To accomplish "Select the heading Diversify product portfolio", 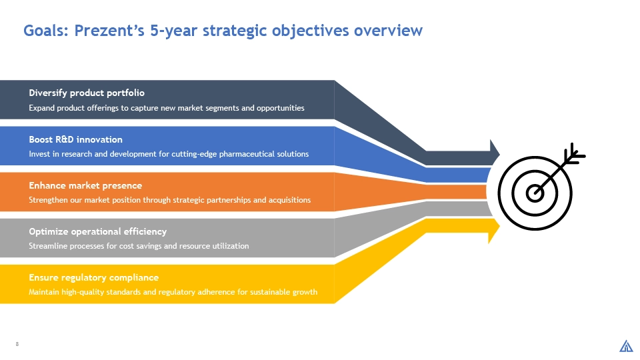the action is (x=87, y=93).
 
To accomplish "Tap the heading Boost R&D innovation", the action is (x=75, y=139).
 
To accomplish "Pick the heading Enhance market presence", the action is (x=85, y=186).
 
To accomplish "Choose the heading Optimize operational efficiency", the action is (x=97, y=232).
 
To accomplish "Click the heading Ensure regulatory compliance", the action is (x=93, y=277).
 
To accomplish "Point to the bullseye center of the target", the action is (x=535, y=193).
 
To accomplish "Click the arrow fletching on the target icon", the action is (x=575, y=154).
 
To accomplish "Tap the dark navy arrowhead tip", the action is (x=499, y=154).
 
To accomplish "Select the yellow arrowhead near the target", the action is (x=494, y=231).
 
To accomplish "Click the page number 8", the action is (x=17, y=344).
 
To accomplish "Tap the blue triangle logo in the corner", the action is (x=626, y=346).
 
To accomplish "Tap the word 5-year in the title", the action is (x=174, y=31).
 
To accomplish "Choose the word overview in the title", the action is (x=388, y=31).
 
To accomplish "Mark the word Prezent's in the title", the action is (x=109, y=31).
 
